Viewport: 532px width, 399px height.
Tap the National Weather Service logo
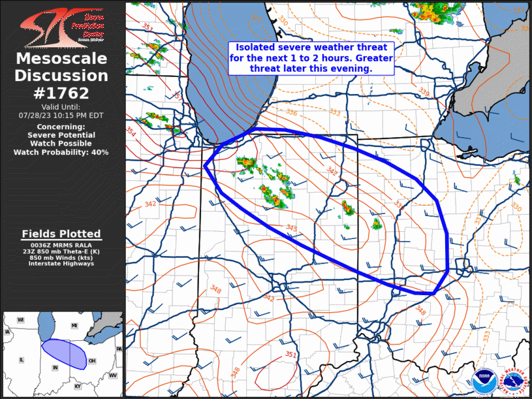click(512, 381)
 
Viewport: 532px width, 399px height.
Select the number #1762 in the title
click(61, 93)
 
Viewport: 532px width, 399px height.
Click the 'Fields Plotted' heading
click(61, 234)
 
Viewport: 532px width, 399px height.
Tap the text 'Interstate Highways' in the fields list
click(61, 264)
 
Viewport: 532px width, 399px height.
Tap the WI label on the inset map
click(21, 320)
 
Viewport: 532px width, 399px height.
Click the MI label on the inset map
click(74, 325)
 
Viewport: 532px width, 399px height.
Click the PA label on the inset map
click(119, 349)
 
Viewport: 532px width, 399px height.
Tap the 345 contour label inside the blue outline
click(291, 228)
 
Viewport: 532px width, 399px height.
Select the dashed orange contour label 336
click(291, 113)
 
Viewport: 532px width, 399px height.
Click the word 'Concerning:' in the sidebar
click(61, 126)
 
